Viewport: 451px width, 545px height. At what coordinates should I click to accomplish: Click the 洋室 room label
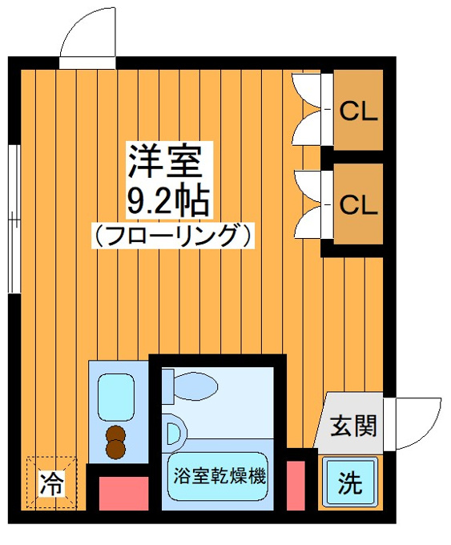165,161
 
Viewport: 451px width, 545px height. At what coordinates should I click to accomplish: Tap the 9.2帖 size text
168,201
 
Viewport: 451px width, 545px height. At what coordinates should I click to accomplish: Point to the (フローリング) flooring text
173,236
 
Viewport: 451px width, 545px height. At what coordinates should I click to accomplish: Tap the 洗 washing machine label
350,483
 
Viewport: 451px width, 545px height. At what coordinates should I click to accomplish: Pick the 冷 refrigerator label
52,483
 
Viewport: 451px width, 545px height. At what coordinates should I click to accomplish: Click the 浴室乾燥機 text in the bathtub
219,476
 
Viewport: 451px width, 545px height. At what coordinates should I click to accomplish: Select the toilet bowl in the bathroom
195,386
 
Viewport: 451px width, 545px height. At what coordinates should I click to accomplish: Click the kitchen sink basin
116,398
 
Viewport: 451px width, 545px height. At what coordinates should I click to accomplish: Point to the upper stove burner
115,434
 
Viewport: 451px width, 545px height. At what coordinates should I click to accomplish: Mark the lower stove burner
115,449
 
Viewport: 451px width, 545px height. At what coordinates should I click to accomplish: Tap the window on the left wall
14,219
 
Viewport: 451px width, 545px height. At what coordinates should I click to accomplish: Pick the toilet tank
167,386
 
